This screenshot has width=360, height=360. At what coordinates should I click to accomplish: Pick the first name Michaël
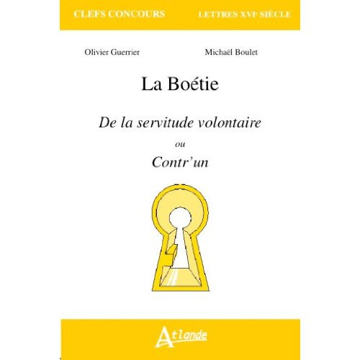click(220, 53)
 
